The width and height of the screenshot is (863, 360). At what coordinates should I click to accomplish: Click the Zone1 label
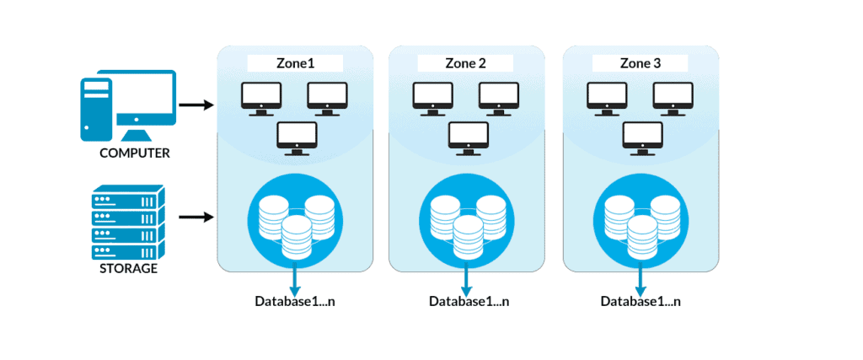[294, 63]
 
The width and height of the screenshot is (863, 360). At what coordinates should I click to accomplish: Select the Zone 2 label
[467, 63]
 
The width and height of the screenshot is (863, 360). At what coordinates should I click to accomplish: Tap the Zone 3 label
[640, 63]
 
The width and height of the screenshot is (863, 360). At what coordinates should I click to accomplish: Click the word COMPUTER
[135, 153]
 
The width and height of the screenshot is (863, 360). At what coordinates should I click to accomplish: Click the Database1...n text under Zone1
[295, 301]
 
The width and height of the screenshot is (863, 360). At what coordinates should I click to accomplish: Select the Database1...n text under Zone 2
[469, 301]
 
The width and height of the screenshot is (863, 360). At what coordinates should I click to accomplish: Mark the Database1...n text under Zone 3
[641, 301]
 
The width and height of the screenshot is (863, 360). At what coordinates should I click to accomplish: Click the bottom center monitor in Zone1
[297, 137]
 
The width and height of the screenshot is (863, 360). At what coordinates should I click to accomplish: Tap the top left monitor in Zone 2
[432, 98]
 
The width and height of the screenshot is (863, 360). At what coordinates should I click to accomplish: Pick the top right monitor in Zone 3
[673, 98]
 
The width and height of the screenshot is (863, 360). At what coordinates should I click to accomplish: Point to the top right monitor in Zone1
[327, 98]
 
